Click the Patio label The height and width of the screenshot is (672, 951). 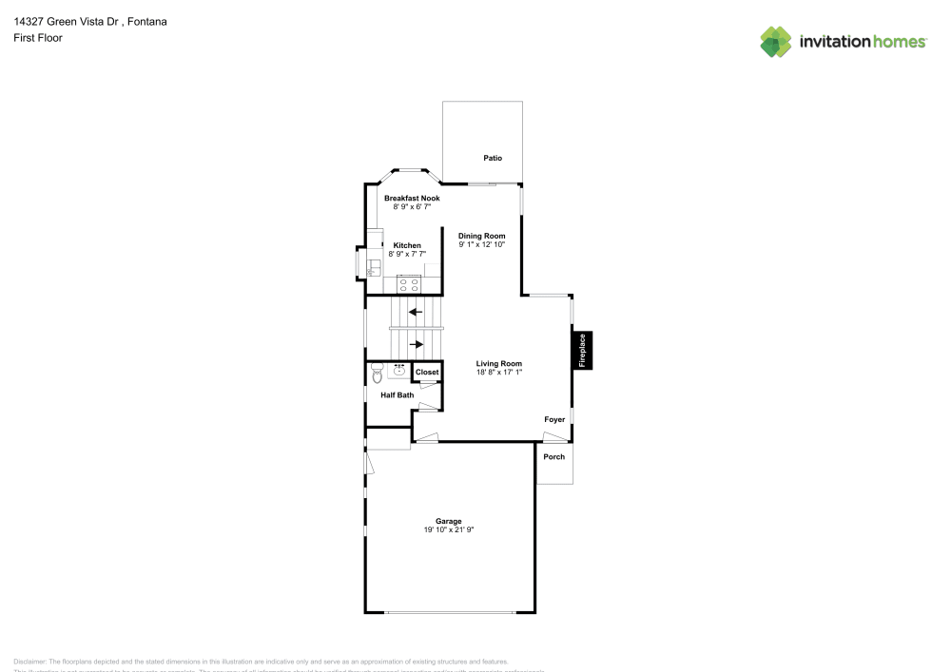pyautogui.click(x=492, y=158)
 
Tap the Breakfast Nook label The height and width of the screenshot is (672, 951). pyautogui.click(x=412, y=198)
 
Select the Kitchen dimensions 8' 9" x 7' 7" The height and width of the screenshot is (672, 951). pyautogui.click(x=407, y=254)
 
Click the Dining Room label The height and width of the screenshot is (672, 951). pyautogui.click(x=481, y=236)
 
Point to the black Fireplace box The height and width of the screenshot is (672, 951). pyautogui.click(x=582, y=350)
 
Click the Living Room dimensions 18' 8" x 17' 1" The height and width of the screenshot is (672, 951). pyautogui.click(x=499, y=372)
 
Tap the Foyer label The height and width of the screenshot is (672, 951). pyautogui.click(x=554, y=419)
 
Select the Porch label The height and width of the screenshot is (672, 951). pyautogui.click(x=553, y=457)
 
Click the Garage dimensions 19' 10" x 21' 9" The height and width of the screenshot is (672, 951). pyautogui.click(x=449, y=529)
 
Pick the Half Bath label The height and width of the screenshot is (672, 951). pyautogui.click(x=397, y=394)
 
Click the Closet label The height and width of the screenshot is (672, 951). pyautogui.click(x=427, y=373)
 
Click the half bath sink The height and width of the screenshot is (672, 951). pyautogui.click(x=398, y=370)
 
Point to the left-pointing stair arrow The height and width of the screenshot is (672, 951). pyautogui.click(x=416, y=311)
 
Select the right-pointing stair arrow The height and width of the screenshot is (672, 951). pyautogui.click(x=416, y=344)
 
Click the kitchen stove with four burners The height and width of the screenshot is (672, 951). pyautogui.click(x=409, y=283)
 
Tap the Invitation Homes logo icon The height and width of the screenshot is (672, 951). pyautogui.click(x=776, y=41)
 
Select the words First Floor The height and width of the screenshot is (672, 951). pyautogui.click(x=38, y=38)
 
